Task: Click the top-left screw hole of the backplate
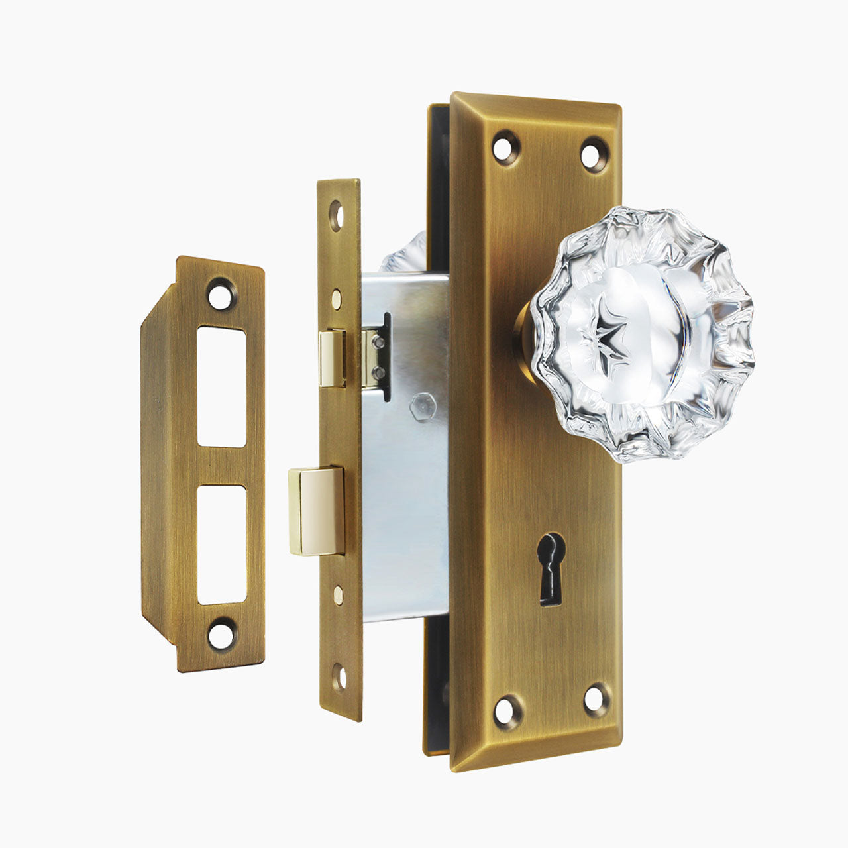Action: [x=507, y=147]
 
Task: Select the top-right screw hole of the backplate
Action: [x=594, y=154]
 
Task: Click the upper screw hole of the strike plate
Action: [x=222, y=294]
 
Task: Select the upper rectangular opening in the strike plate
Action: [x=221, y=386]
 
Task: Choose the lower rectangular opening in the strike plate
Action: [x=221, y=544]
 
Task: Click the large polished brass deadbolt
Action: [x=316, y=510]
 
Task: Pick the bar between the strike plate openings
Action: [x=221, y=466]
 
